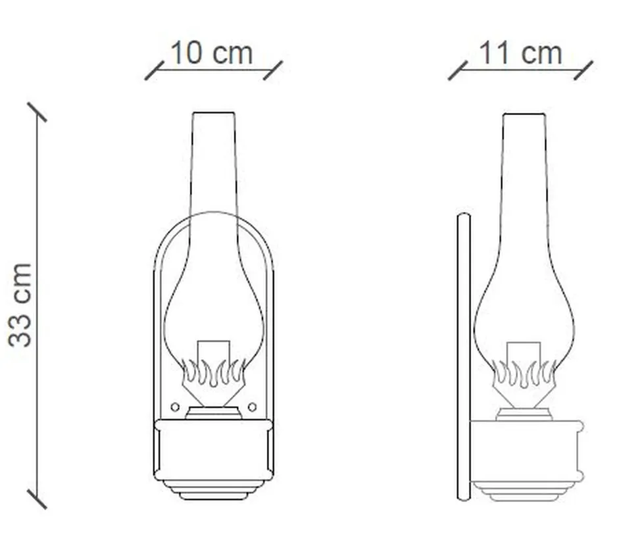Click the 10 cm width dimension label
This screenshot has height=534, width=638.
coord(212,53)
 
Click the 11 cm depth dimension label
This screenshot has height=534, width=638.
coord(520,53)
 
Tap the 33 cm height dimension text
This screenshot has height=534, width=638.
coord(21,304)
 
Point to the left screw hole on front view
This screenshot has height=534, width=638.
coord(175,407)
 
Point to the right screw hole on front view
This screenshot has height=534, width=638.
coord(252,407)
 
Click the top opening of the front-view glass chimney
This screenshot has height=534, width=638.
coord(213,114)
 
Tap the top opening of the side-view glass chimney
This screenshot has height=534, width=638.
coord(524,116)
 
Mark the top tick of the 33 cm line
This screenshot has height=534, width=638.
coord(37,112)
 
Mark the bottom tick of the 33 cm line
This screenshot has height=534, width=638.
coord(37,498)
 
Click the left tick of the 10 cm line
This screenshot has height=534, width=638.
coord(154,70)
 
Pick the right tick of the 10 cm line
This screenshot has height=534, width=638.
coord(273,70)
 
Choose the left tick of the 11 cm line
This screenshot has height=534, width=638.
coord(458,70)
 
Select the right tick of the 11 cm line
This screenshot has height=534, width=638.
coord(583,70)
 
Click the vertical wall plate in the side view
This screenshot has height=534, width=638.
coord(464,355)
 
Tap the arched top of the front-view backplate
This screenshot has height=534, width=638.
coord(213,214)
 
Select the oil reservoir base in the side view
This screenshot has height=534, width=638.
coord(526,454)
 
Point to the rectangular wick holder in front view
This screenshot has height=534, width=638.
coord(213,352)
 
